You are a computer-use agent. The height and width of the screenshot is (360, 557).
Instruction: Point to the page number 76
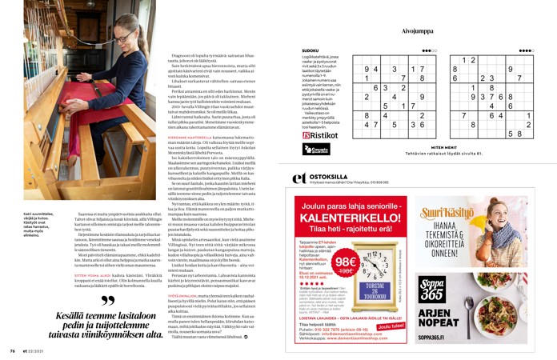13,350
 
